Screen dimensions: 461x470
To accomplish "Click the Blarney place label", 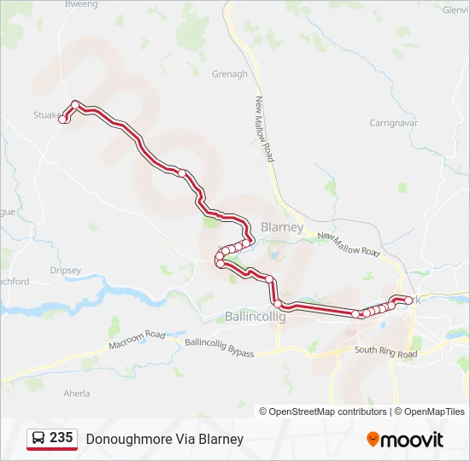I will [281, 228].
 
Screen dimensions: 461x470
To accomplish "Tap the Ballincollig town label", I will [255, 316].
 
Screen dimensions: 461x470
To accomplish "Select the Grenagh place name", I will [230, 74].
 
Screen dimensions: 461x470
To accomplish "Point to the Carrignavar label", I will [394, 123].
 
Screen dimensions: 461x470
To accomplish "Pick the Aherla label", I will [77, 394].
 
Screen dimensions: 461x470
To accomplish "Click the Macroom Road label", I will [137, 340].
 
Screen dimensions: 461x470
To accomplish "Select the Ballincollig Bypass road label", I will [220, 347].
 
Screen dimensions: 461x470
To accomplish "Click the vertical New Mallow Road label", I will [264, 129].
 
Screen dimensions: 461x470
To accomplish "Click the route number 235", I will [61, 438].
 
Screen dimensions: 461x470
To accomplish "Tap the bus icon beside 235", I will [38, 439].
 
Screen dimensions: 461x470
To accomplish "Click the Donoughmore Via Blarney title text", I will [164, 439].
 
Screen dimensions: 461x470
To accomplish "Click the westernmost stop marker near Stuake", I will [62, 120].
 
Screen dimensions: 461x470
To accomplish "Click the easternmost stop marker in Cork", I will [408, 301].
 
